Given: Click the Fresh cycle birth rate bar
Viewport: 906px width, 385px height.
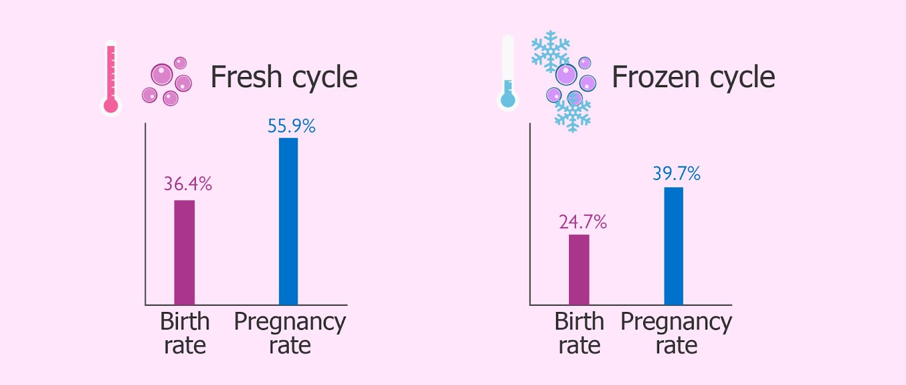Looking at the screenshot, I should tap(184, 253).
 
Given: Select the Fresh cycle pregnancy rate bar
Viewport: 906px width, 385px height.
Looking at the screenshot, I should tap(288, 221).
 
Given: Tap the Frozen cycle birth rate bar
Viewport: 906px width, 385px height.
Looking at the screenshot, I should tap(579, 269).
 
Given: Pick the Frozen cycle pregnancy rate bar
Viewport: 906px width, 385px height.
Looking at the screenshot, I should tap(673, 246).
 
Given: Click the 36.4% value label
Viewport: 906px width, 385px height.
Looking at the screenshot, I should tap(187, 183).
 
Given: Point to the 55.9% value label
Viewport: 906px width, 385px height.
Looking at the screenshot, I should tap(291, 126).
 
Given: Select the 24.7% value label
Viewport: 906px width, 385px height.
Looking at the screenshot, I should tap(583, 221).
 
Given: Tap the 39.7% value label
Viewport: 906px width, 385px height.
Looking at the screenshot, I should tap(676, 173).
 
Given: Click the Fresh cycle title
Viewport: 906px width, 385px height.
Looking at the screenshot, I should tap(284, 77).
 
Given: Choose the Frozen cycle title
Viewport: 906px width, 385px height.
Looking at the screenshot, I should tap(693, 77).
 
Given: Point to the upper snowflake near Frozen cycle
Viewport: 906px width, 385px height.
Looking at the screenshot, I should tap(550, 51).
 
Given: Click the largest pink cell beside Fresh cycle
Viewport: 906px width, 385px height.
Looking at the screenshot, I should tap(162, 74).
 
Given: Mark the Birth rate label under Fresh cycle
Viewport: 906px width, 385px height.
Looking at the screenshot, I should tap(185, 333).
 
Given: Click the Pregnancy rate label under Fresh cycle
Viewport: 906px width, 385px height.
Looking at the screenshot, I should tap(290, 333).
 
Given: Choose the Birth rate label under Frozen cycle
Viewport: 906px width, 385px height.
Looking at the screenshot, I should tap(579, 333).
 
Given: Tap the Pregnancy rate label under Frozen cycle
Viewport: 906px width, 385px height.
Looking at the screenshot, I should tap(676, 333).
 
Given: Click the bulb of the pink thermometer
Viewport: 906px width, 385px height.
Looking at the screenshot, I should tap(111, 105).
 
